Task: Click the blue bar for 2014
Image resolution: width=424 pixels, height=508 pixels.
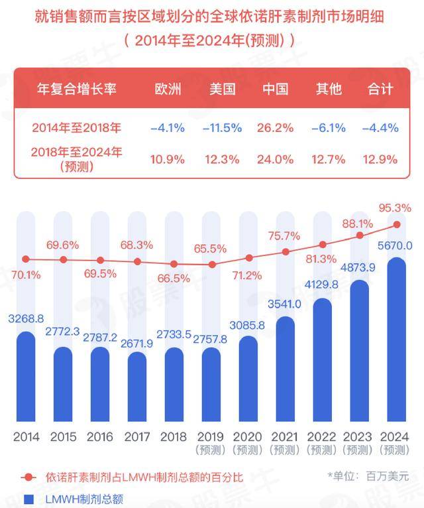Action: pyautogui.click(x=26, y=377)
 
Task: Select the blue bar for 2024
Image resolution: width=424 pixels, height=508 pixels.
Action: pyautogui.click(x=396, y=339)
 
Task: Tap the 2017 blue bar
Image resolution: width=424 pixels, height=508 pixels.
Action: pyautogui.click(x=137, y=387)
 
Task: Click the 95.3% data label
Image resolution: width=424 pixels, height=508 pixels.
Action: pyautogui.click(x=395, y=208)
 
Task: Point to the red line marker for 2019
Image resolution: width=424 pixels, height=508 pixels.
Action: pyautogui.click(x=212, y=265)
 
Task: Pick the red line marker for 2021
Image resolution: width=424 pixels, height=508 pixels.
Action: pyautogui.click(x=286, y=252)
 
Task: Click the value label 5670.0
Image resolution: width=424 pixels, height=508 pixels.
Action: pyautogui.click(x=395, y=245)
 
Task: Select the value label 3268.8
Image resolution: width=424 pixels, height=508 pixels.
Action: pyautogui.click(x=26, y=319)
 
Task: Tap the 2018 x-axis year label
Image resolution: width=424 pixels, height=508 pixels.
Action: pyautogui.click(x=174, y=437)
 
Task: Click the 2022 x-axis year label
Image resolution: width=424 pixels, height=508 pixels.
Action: pyautogui.click(x=321, y=437)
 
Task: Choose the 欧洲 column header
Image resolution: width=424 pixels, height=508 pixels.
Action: pyautogui.click(x=168, y=89)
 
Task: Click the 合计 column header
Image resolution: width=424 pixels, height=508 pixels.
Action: pyautogui.click(x=380, y=89)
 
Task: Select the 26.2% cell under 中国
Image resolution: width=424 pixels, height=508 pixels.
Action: pyautogui.click(x=275, y=127)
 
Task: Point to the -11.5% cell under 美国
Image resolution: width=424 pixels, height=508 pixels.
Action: pyautogui.click(x=223, y=127)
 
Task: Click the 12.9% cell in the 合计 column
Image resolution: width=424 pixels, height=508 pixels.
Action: pyautogui.click(x=380, y=159)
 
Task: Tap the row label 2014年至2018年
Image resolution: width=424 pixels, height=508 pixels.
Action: pyautogui.click(x=76, y=127)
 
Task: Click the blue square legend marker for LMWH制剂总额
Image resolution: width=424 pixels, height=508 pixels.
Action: pyautogui.click(x=28, y=499)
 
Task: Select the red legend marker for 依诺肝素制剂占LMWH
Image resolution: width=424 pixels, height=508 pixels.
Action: pyautogui.click(x=28, y=477)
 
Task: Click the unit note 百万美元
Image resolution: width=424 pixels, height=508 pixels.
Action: pyautogui.click(x=388, y=476)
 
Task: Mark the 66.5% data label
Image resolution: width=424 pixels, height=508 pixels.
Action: pyautogui.click(x=174, y=279)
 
